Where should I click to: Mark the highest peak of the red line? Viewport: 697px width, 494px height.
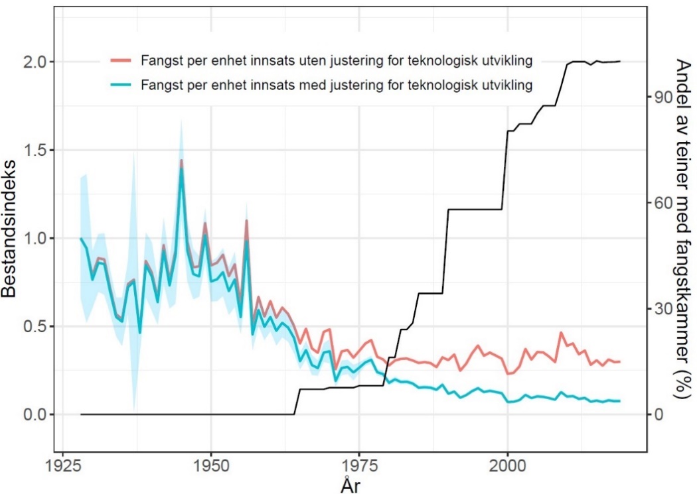[181, 160]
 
